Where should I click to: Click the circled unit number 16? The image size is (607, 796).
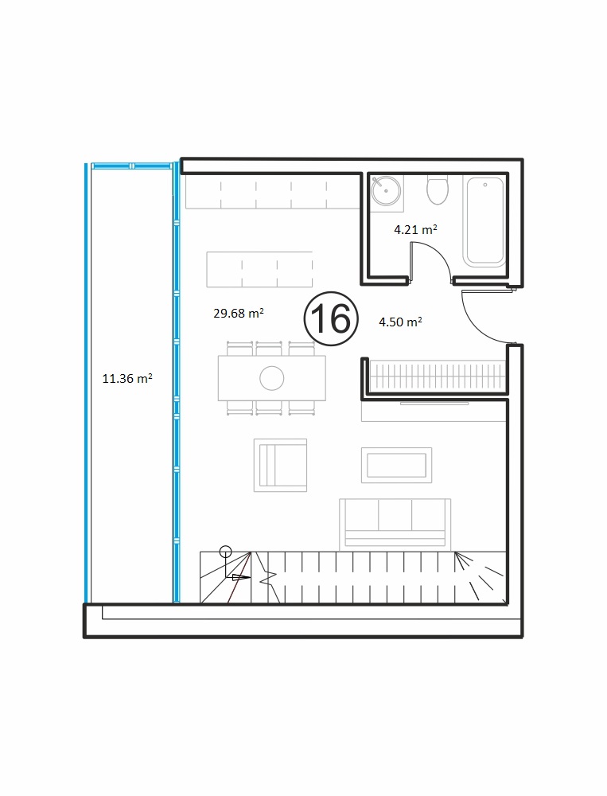(331, 319)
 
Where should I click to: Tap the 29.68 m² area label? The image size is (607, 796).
(239, 313)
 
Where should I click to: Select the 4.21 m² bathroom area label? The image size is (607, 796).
(415, 229)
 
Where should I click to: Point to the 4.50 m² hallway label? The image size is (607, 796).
(400, 322)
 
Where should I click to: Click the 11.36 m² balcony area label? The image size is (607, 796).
(127, 378)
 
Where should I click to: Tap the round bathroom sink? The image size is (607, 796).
(386, 191)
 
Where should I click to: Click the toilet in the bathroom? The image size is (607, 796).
(438, 190)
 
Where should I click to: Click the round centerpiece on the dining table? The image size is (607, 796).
(271, 378)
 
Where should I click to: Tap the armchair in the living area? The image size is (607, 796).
(281, 465)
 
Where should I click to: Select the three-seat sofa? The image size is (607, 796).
(395, 525)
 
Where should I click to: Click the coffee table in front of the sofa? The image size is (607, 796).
(396, 465)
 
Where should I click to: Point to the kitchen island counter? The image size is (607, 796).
(259, 269)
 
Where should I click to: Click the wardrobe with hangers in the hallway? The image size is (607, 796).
(438, 376)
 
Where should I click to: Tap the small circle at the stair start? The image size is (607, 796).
(225, 552)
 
